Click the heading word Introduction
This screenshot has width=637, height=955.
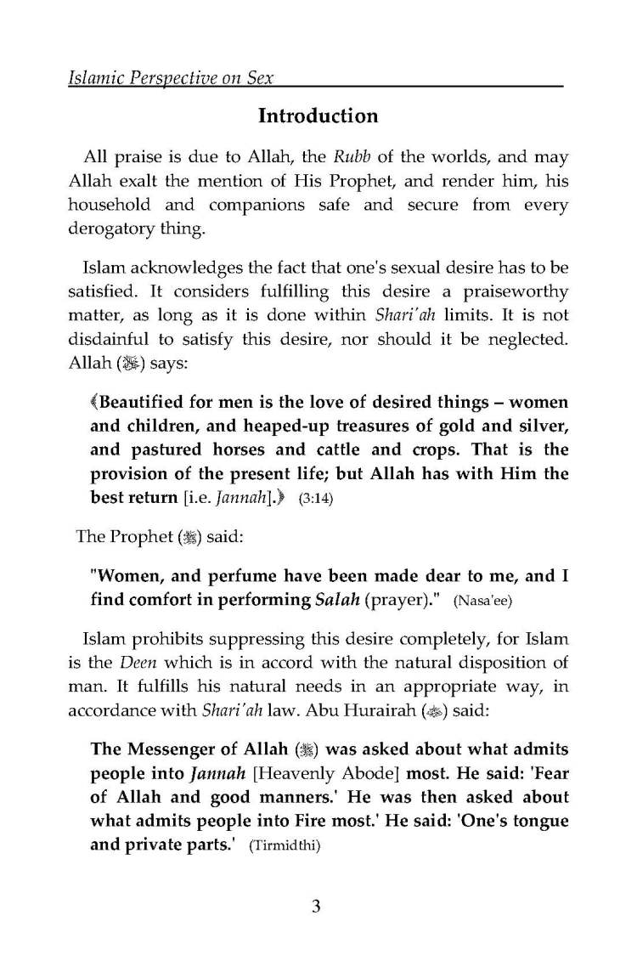[x=318, y=116]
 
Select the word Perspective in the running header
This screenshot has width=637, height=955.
[x=174, y=82]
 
